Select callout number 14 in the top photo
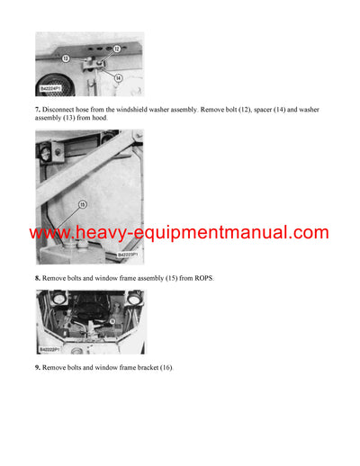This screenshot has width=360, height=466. click(x=118, y=79)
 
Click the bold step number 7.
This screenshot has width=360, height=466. click(x=39, y=109)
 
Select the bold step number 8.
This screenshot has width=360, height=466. click(x=39, y=278)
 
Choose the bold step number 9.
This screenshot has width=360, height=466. click(x=39, y=368)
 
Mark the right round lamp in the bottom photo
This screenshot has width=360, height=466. click(x=134, y=298)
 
